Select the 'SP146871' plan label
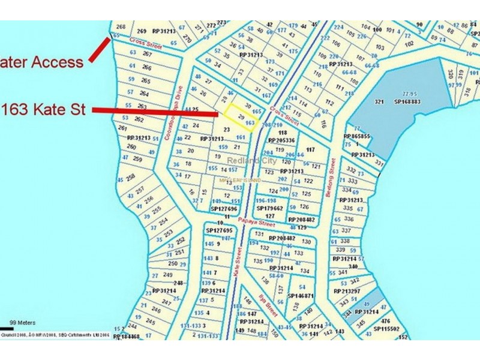[x=301, y=296]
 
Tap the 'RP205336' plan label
[x=281, y=140]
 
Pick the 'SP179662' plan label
[x=269, y=208]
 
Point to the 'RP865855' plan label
[x=356, y=136]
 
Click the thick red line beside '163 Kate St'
[x=156, y=112]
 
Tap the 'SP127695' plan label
[x=218, y=230]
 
